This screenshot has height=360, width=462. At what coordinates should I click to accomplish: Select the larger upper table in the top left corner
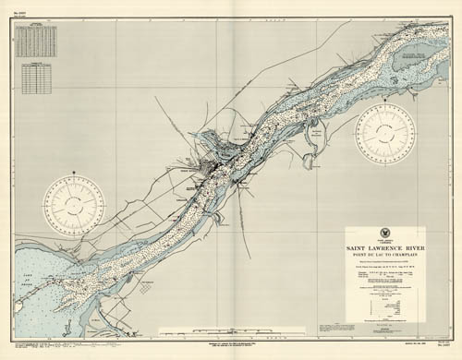38,42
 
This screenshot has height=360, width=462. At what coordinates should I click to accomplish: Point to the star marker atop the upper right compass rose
386,104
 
